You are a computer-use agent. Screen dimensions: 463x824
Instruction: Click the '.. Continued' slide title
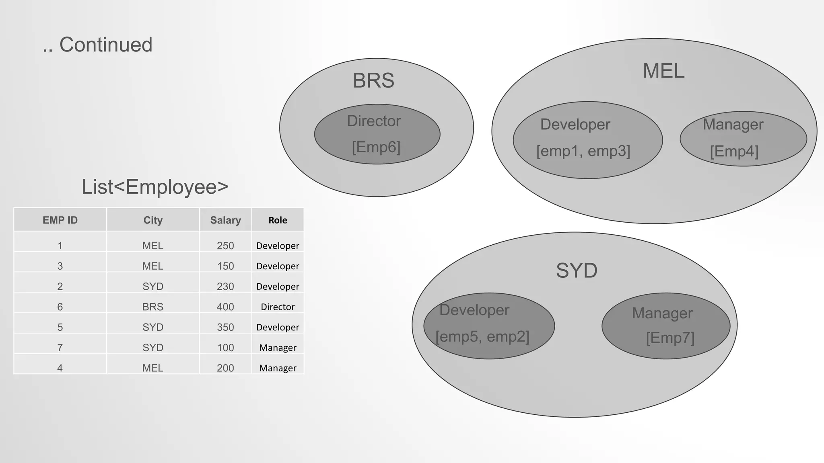[98, 45]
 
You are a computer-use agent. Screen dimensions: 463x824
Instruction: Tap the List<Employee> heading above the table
[155, 187]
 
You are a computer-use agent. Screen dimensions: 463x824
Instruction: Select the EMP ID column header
[60, 220]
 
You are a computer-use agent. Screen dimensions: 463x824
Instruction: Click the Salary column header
[225, 220]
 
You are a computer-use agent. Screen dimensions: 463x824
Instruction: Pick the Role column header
[278, 220]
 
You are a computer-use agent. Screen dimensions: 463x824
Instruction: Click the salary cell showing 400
[225, 307]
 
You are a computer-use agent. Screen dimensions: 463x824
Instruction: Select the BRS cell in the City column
[153, 307]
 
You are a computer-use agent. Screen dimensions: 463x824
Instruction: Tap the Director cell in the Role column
[278, 307]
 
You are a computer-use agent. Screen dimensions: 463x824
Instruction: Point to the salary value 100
[225, 348]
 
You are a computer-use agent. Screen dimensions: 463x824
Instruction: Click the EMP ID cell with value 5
[60, 327]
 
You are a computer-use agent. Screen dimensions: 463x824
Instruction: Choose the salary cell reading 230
[225, 287]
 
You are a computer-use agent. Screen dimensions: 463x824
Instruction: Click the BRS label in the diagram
[373, 81]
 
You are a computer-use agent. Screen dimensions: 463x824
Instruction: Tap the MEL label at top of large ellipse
[663, 71]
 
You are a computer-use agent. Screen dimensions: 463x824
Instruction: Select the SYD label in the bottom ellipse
[576, 270]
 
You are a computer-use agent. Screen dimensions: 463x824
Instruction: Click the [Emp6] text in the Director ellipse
[376, 147]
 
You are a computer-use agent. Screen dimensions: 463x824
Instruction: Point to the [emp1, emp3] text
[583, 151]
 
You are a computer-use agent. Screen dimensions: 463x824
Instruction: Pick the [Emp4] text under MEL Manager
[734, 152]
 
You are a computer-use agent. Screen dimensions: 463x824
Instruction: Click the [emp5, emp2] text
[482, 336]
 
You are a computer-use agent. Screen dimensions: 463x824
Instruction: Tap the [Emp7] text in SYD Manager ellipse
[670, 338]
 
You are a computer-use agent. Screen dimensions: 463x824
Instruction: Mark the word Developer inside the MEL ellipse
[575, 125]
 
